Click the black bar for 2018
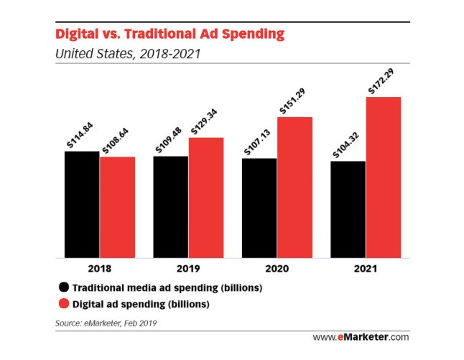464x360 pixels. [81, 204]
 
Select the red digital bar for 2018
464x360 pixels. [117, 207]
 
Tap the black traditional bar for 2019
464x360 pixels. [170, 206]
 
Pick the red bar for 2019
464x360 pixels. [206, 197]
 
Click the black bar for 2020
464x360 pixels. [259, 208]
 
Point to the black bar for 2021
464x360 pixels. [348, 209]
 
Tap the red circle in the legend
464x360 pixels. [64, 303]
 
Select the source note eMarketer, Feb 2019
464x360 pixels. [105, 323]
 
